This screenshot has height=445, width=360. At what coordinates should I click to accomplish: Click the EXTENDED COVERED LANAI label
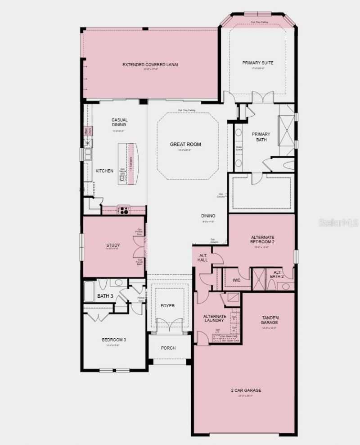click(x=150, y=65)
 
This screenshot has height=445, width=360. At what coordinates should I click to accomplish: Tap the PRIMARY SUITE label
click(x=257, y=63)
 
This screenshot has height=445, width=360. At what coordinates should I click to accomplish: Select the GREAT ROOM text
click(x=185, y=145)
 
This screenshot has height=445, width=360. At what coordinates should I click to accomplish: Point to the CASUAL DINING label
click(x=120, y=123)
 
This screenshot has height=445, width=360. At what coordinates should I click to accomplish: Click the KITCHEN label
click(x=104, y=171)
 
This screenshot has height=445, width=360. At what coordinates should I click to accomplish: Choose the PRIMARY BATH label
click(x=261, y=137)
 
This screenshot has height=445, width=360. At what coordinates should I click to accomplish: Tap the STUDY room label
click(x=113, y=245)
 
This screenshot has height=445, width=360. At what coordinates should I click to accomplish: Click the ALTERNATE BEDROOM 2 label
click(x=262, y=240)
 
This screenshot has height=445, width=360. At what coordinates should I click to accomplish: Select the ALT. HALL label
click(x=202, y=258)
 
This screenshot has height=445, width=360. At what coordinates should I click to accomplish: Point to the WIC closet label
click(x=237, y=280)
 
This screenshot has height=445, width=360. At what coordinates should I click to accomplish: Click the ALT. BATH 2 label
click(x=278, y=275)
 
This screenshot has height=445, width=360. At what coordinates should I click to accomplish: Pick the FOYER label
click(x=167, y=306)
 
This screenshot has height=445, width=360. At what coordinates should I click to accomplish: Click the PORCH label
click(x=168, y=348)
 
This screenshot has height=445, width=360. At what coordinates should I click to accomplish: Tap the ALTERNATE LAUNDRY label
click(x=214, y=318)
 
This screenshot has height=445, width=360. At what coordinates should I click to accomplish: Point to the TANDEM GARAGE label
click(x=270, y=320)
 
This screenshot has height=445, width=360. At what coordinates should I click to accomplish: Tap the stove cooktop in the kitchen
click(x=123, y=210)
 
